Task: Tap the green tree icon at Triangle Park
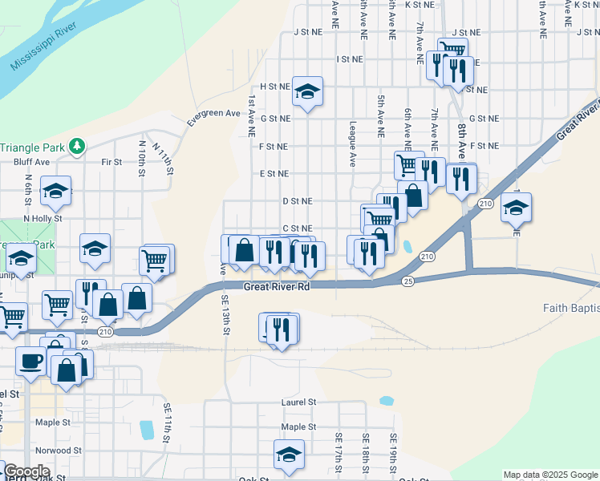[x=78, y=146]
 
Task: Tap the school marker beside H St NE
[x=306, y=92]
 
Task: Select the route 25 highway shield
[x=408, y=281]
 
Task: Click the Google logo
[x=26, y=471]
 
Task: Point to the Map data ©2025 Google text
[x=550, y=475]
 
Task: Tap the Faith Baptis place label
[x=570, y=308]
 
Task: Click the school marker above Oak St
[x=289, y=455]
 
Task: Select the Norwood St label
[x=58, y=451]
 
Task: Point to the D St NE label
[x=297, y=201]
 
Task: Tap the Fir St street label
[x=111, y=162]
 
